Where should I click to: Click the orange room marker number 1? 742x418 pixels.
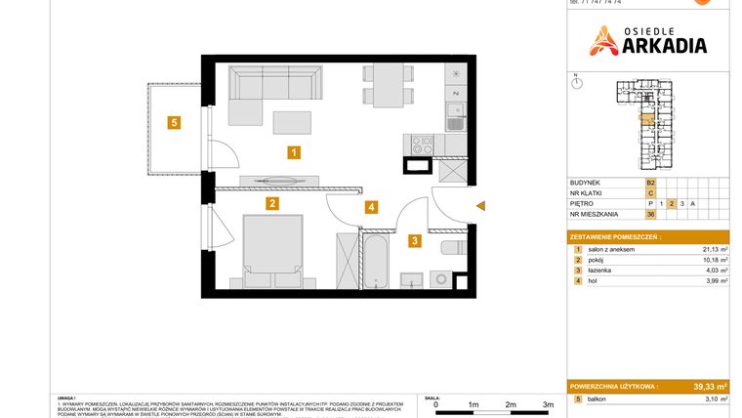(293, 151)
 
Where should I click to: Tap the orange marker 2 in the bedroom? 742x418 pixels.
(272, 204)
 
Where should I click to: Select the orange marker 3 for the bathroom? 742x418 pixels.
(414, 240)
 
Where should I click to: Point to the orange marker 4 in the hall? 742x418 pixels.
(371, 207)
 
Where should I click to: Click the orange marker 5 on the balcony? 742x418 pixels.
(173, 123)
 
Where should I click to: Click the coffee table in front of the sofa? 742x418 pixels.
(293, 121)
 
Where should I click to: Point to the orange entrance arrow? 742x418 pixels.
(479, 205)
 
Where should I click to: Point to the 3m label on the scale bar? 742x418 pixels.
(548, 403)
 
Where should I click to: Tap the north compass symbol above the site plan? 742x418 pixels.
(577, 84)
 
